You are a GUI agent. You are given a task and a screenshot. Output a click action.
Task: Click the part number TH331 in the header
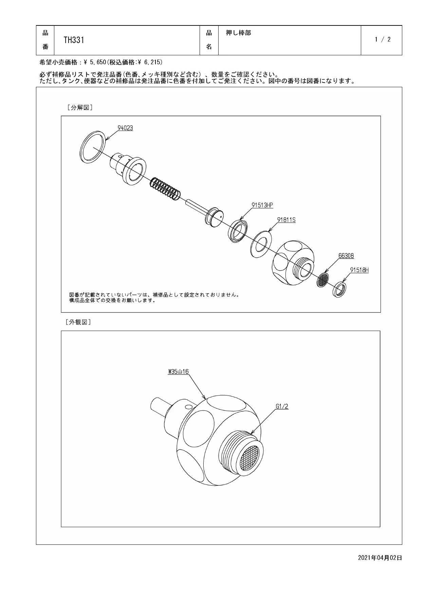click(x=74, y=40)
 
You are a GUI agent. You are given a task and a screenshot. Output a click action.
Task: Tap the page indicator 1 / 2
click(x=383, y=39)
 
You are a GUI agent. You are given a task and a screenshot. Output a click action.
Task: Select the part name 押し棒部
click(x=239, y=33)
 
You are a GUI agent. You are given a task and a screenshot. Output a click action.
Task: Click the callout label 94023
click(x=125, y=128)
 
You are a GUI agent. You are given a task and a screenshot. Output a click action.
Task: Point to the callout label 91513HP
click(x=262, y=205)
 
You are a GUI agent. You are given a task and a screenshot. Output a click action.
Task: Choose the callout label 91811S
click(x=286, y=220)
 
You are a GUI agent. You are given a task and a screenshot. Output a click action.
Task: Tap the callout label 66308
click(x=346, y=256)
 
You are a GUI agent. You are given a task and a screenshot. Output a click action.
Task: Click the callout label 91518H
click(x=359, y=270)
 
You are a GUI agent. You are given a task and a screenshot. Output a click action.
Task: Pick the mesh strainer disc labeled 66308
click(x=323, y=280)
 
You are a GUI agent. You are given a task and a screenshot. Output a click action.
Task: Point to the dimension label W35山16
click(x=178, y=371)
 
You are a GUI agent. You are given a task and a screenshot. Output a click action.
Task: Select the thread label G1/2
click(x=282, y=406)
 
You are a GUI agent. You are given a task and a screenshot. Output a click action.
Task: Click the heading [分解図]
click(x=80, y=108)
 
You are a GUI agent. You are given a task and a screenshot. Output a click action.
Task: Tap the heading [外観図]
click(x=78, y=322)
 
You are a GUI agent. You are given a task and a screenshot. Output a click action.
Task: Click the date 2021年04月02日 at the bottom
click(x=380, y=557)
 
